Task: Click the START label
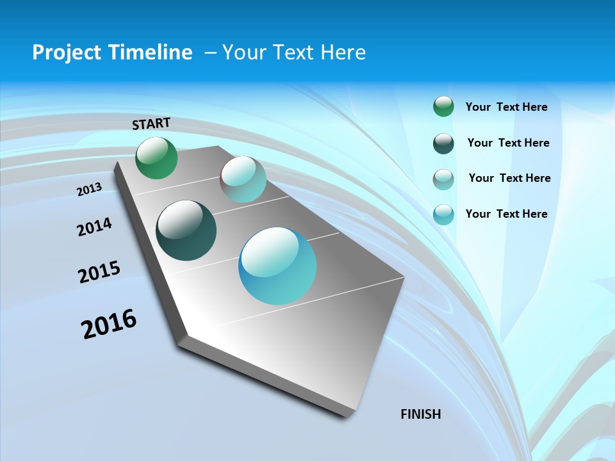click(151, 124)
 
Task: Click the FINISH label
click(420, 414)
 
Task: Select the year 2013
click(90, 190)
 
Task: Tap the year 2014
click(94, 227)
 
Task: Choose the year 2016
click(109, 324)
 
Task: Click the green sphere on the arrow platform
click(156, 158)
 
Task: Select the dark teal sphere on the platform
click(186, 230)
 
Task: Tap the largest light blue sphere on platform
click(277, 266)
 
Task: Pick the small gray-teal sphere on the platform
click(243, 179)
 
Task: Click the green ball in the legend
click(443, 106)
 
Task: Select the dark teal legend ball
click(443, 143)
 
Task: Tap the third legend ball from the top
click(443, 179)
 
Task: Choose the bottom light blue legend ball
click(443, 214)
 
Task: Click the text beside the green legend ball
click(506, 107)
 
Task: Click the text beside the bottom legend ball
click(506, 214)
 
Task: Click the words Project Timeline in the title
click(112, 53)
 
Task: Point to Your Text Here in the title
click(294, 53)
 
